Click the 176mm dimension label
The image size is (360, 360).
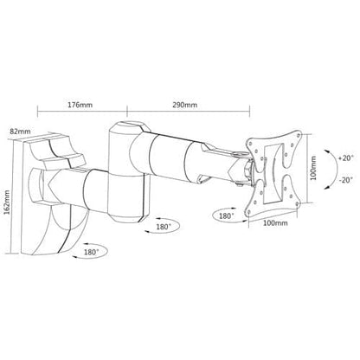(80, 105)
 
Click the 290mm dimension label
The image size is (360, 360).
(185, 105)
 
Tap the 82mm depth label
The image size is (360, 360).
(20, 132)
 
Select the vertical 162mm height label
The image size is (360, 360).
(7, 202)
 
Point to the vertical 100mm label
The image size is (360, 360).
(313, 168)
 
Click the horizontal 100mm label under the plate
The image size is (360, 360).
(275, 223)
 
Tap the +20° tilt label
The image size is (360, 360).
(345, 158)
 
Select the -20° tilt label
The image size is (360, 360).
(345, 180)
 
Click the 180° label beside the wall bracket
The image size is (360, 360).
(92, 252)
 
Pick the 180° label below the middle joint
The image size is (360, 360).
(164, 227)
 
